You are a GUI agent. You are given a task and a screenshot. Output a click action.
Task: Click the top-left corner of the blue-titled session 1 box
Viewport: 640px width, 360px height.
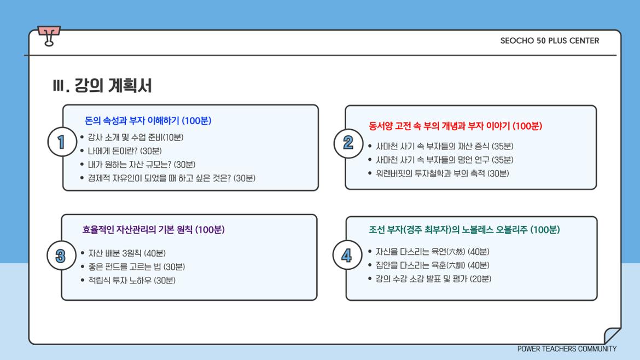click(63, 105)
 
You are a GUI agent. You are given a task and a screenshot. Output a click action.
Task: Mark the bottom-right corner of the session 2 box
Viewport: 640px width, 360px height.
click(596, 189)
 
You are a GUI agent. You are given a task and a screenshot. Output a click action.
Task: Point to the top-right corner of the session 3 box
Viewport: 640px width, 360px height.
click(317, 214)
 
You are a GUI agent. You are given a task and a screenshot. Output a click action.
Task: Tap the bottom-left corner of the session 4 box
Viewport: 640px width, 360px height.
click(346, 300)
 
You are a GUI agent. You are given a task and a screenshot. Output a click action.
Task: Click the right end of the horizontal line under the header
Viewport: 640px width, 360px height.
click(616, 55)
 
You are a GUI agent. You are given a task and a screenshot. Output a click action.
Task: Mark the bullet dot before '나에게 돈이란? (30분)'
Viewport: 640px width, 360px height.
click(82, 150)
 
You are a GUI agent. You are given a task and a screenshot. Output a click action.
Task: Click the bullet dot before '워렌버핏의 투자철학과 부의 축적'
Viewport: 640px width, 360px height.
click(370, 173)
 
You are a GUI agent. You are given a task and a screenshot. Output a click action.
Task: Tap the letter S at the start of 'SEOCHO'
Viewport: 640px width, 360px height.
click(503, 41)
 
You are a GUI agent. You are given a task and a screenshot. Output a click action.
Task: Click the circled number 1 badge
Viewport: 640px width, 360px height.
click(62, 142)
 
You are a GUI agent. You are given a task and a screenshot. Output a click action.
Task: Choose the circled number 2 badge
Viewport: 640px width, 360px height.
click(348, 143)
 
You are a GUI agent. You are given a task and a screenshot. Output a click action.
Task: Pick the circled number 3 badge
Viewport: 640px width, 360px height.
click(61, 256)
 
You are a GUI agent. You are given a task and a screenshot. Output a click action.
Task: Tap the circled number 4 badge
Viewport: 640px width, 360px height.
click(347, 255)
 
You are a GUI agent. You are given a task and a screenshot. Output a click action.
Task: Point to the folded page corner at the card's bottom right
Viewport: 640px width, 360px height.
click(612, 335)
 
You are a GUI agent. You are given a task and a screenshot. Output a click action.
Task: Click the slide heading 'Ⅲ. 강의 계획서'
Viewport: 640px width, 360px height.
click(102, 86)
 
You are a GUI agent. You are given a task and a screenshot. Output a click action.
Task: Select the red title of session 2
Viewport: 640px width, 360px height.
click(456, 126)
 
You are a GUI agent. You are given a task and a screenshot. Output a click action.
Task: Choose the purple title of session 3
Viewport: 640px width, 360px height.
click(154, 229)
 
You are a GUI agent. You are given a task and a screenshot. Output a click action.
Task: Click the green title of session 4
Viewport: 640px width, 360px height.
click(464, 229)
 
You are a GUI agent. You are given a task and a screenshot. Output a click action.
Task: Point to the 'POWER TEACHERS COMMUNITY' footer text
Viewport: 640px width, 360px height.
click(567, 349)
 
